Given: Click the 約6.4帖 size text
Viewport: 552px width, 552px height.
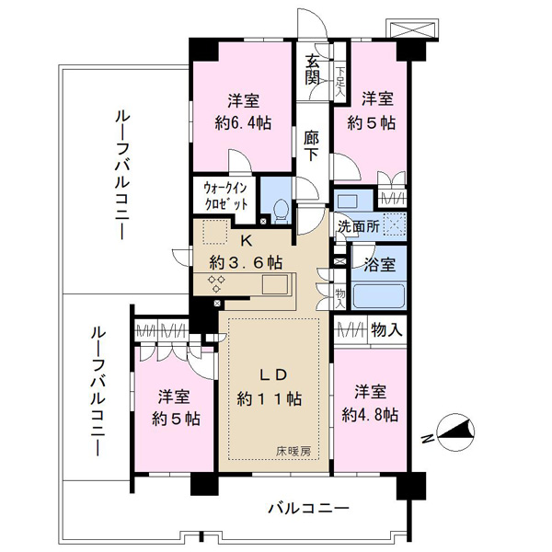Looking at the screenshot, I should tap(236, 124).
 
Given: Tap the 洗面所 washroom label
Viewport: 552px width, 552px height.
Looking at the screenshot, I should tap(355, 224).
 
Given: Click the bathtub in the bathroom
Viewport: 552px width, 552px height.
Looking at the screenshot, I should tap(378, 297).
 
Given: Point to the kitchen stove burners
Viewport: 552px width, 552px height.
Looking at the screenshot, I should tap(218, 282).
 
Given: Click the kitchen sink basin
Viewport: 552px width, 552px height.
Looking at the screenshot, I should tap(274, 284).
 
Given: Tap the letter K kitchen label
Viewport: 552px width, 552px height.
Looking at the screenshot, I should tap(245, 241).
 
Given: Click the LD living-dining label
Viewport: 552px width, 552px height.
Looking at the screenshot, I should tap(273, 374).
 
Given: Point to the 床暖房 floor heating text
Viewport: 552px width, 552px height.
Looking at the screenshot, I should tap(293, 450).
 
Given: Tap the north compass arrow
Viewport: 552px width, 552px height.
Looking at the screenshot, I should tap(455, 430).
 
